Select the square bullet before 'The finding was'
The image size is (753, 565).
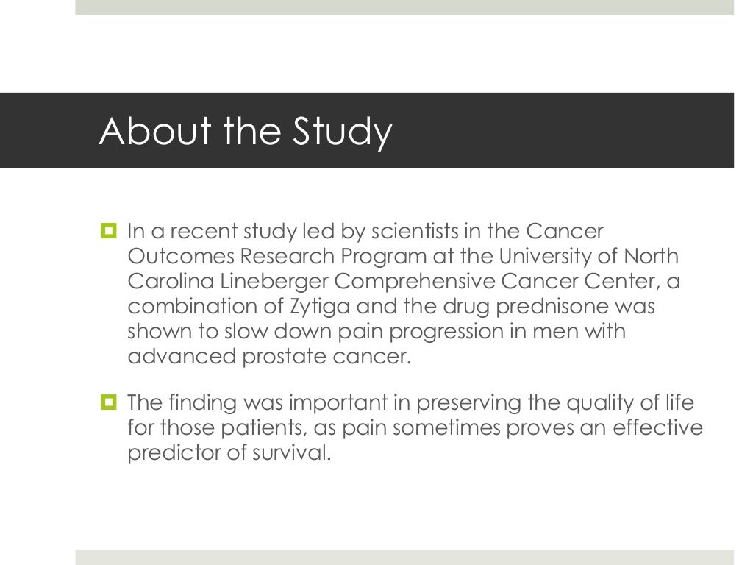(110, 403)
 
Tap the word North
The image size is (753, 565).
(650, 257)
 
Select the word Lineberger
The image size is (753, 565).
(287, 282)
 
